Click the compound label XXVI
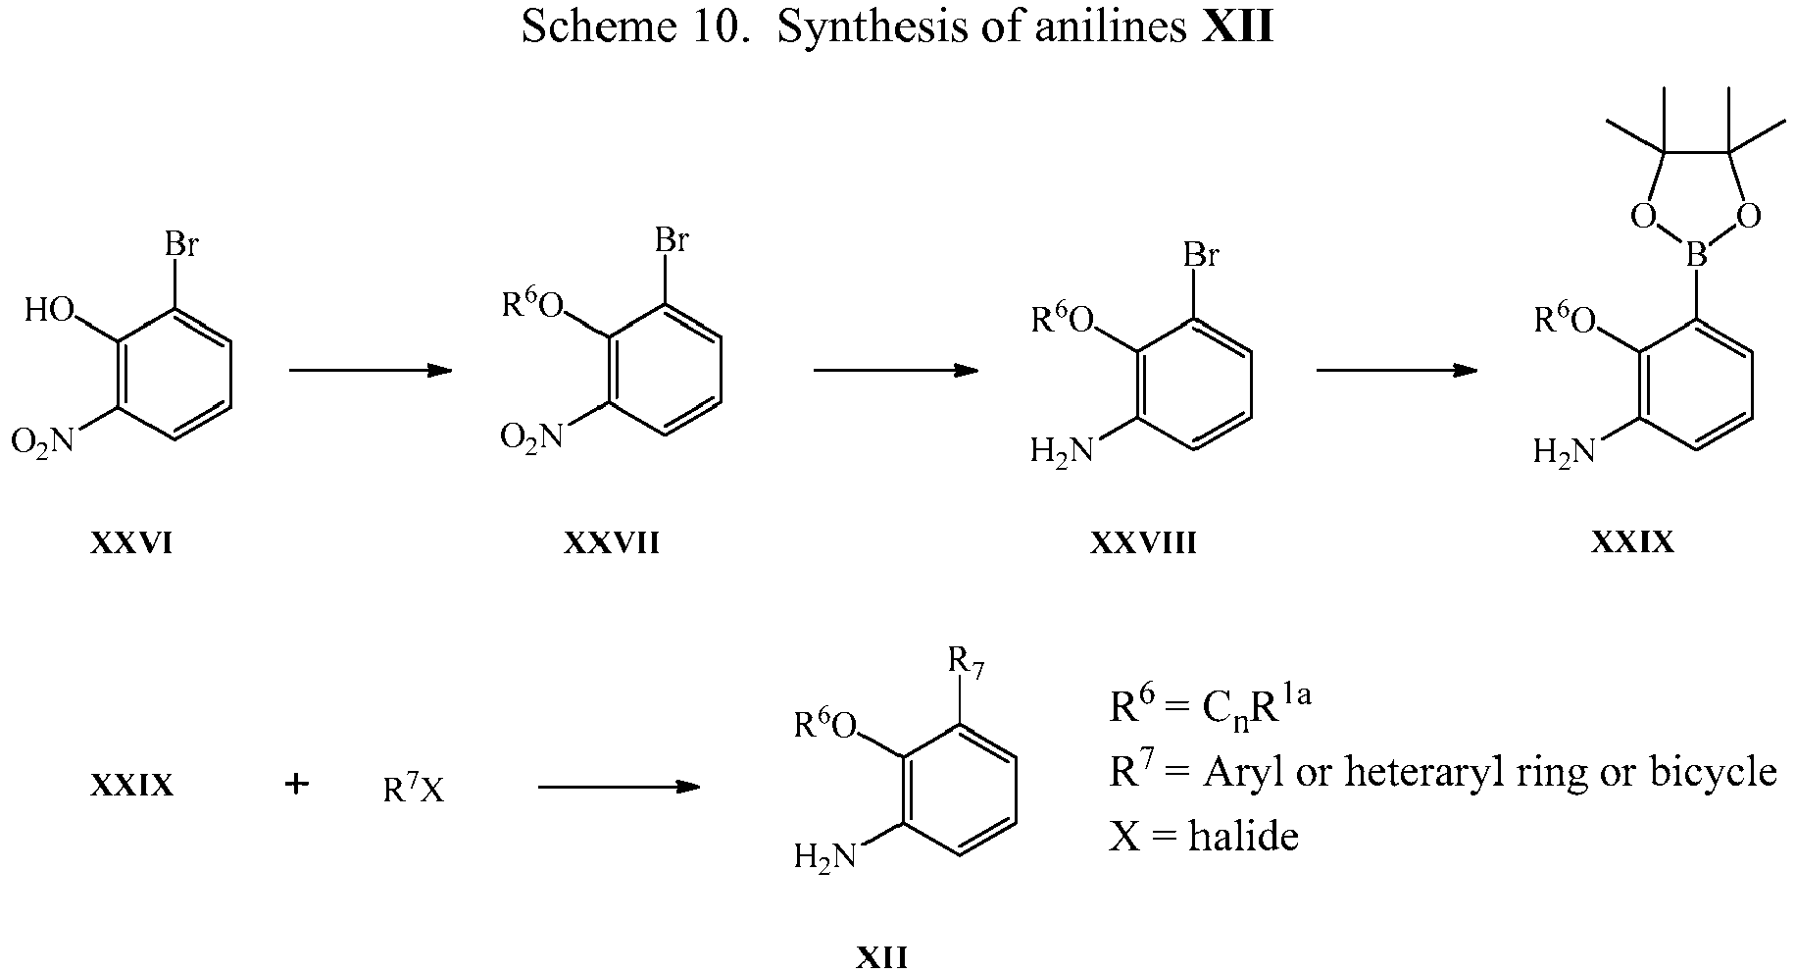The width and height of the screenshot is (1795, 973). pyautogui.click(x=131, y=542)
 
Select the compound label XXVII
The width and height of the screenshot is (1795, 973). pyautogui.click(x=611, y=542)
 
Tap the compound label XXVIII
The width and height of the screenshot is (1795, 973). pyautogui.click(x=1143, y=542)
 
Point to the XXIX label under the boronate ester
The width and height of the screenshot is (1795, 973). pyautogui.click(x=1633, y=542)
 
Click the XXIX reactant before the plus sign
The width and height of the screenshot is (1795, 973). pyautogui.click(x=131, y=786)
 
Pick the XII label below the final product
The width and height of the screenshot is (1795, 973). pyautogui.click(x=881, y=957)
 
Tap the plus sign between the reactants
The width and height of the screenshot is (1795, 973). pyautogui.click(x=296, y=785)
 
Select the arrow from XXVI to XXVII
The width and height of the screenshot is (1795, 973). pyautogui.click(x=370, y=370)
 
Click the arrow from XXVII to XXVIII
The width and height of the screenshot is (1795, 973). pyautogui.click(x=896, y=370)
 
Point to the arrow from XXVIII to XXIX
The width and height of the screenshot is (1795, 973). pyautogui.click(x=1396, y=370)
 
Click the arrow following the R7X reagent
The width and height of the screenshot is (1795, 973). pyautogui.click(x=620, y=787)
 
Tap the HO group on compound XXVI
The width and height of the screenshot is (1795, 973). pyautogui.click(x=50, y=311)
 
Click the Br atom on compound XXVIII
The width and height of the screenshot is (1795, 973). pyautogui.click(x=1201, y=256)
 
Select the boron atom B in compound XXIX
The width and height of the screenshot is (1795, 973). pyautogui.click(x=1697, y=257)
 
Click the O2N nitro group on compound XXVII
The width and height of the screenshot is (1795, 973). pyautogui.click(x=532, y=436)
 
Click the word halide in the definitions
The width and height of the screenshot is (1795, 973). pyautogui.click(x=1243, y=835)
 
